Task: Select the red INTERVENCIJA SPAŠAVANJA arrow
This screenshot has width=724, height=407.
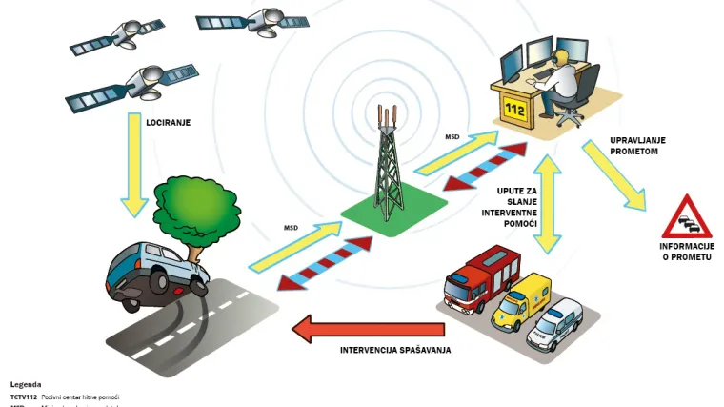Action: [367, 330]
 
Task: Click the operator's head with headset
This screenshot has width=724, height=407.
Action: [563, 62]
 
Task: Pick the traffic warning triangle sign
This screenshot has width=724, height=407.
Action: [687, 218]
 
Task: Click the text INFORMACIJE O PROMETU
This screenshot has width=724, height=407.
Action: [686, 253]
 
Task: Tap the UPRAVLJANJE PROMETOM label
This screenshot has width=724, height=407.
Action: [637, 145]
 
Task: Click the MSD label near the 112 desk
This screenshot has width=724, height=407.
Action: [452, 137]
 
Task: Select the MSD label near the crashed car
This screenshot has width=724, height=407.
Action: [292, 227]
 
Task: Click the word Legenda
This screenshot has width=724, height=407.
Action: [26, 384]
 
